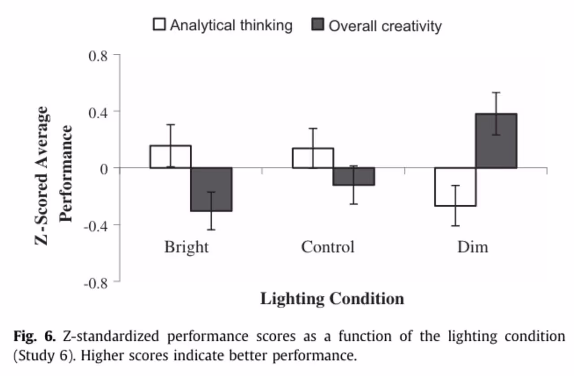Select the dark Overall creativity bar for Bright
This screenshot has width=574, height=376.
[212, 189]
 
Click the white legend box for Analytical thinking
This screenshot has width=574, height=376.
[159, 25]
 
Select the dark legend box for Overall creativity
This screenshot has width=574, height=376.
[317, 25]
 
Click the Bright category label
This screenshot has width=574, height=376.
[187, 247]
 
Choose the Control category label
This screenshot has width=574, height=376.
[328, 247]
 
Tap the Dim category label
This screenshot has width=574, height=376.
[473, 247]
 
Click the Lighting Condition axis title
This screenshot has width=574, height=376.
[332, 298]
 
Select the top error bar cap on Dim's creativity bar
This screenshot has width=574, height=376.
[496, 92]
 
